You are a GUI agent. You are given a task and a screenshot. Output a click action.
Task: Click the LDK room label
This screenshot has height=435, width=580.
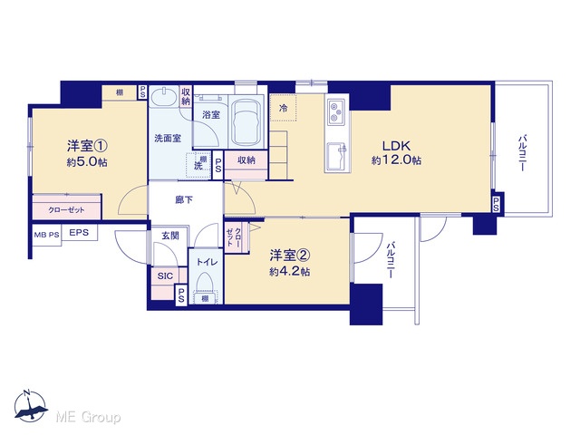point(397,145)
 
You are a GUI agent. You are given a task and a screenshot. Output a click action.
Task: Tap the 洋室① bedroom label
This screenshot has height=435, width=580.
point(87,146)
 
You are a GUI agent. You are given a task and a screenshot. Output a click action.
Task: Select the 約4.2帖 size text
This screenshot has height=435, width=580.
point(290,272)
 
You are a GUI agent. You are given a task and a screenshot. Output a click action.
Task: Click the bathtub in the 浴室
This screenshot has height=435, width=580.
point(246,123)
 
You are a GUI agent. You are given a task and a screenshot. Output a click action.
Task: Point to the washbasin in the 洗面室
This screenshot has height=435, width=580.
point(165,97)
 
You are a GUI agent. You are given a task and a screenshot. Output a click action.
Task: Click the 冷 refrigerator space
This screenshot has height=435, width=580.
point(283,108)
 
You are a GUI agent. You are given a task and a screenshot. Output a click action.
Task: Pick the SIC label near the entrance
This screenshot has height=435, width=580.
point(165,275)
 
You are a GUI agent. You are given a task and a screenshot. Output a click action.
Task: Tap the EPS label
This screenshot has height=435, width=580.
point(79,232)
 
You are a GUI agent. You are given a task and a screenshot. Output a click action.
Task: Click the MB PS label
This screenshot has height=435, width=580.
point(46,235)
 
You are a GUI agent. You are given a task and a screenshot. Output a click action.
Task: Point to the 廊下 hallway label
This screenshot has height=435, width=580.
point(184,199)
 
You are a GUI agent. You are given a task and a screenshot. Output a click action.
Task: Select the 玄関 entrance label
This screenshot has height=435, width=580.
point(170,236)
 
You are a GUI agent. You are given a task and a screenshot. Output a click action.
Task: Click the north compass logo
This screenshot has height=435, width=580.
point(30,406)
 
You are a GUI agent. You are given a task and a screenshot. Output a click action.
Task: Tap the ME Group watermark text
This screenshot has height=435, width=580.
point(88,417)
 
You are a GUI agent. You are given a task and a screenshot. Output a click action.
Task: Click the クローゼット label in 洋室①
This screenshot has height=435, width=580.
point(66,209)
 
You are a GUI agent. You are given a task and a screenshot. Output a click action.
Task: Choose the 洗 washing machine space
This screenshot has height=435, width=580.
point(198,165)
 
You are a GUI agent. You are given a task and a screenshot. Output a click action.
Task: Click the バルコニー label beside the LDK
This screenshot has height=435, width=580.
point(522,153)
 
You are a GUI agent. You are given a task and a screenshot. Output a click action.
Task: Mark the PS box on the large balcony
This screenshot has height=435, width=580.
point(497,204)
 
